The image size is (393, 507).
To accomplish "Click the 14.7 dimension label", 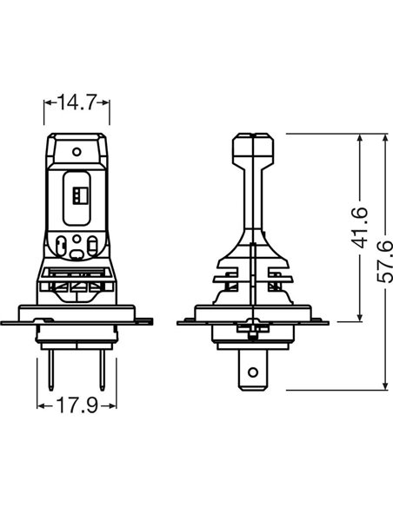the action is [77, 102].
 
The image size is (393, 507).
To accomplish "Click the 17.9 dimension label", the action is [77, 405].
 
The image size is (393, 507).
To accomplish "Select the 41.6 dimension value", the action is [359, 227].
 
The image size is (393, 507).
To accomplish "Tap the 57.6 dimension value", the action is [385, 261].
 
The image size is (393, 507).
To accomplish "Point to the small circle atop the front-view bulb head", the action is [77, 151].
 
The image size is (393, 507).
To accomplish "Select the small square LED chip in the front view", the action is [80, 195].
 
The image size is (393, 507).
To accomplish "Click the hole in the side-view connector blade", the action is [253, 372].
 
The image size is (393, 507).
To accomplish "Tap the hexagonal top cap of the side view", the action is [253, 148].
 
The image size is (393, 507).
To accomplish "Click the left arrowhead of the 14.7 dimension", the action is [48, 102].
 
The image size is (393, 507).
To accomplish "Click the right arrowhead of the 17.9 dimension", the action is [112, 405].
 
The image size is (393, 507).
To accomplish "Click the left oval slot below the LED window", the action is [61, 247].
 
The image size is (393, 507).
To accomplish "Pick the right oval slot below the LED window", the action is [92, 247].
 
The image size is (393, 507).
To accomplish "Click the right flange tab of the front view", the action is [143, 322].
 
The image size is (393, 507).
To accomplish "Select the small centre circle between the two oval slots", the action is [77, 239].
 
